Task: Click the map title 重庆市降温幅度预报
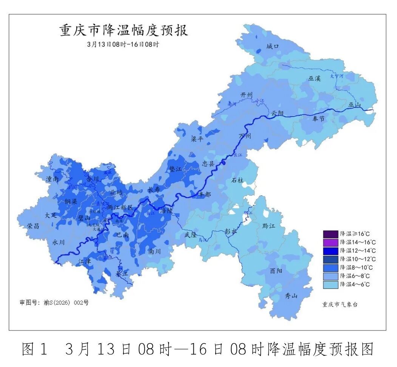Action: (x=124, y=31)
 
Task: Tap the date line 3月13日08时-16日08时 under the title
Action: (x=123, y=44)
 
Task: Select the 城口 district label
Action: (x=272, y=46)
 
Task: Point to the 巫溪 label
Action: (x=314, y=78)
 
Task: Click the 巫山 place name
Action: (x=355, y=105)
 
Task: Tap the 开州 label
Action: (x=246, y=95)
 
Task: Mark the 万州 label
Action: (x=244, y=136)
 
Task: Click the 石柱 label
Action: (x=238, y=180)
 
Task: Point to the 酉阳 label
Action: (x=276, y=270)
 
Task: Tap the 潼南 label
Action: (x=52, y=179)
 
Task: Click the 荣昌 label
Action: (x=33, y=226)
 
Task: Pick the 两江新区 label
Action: (x=120, y=207)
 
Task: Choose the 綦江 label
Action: (x=122, y=273)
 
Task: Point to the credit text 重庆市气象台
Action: (x=340, y=304)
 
